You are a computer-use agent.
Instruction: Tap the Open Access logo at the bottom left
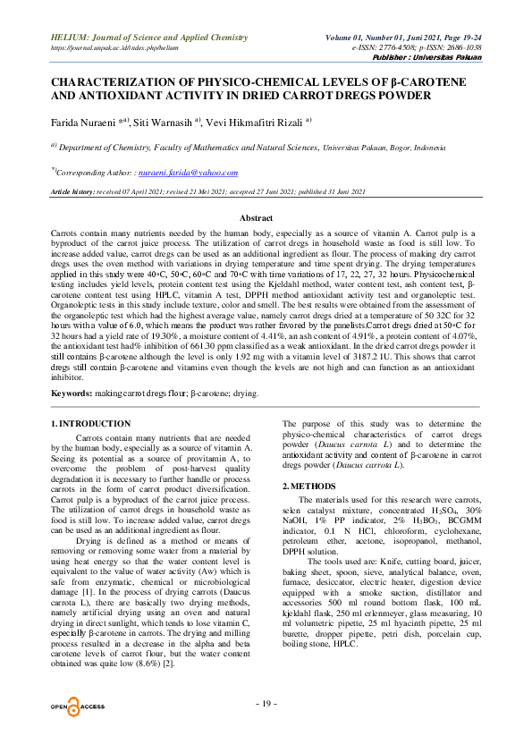78,707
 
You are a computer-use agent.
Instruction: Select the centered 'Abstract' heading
266,218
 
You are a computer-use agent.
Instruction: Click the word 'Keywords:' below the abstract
72,393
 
